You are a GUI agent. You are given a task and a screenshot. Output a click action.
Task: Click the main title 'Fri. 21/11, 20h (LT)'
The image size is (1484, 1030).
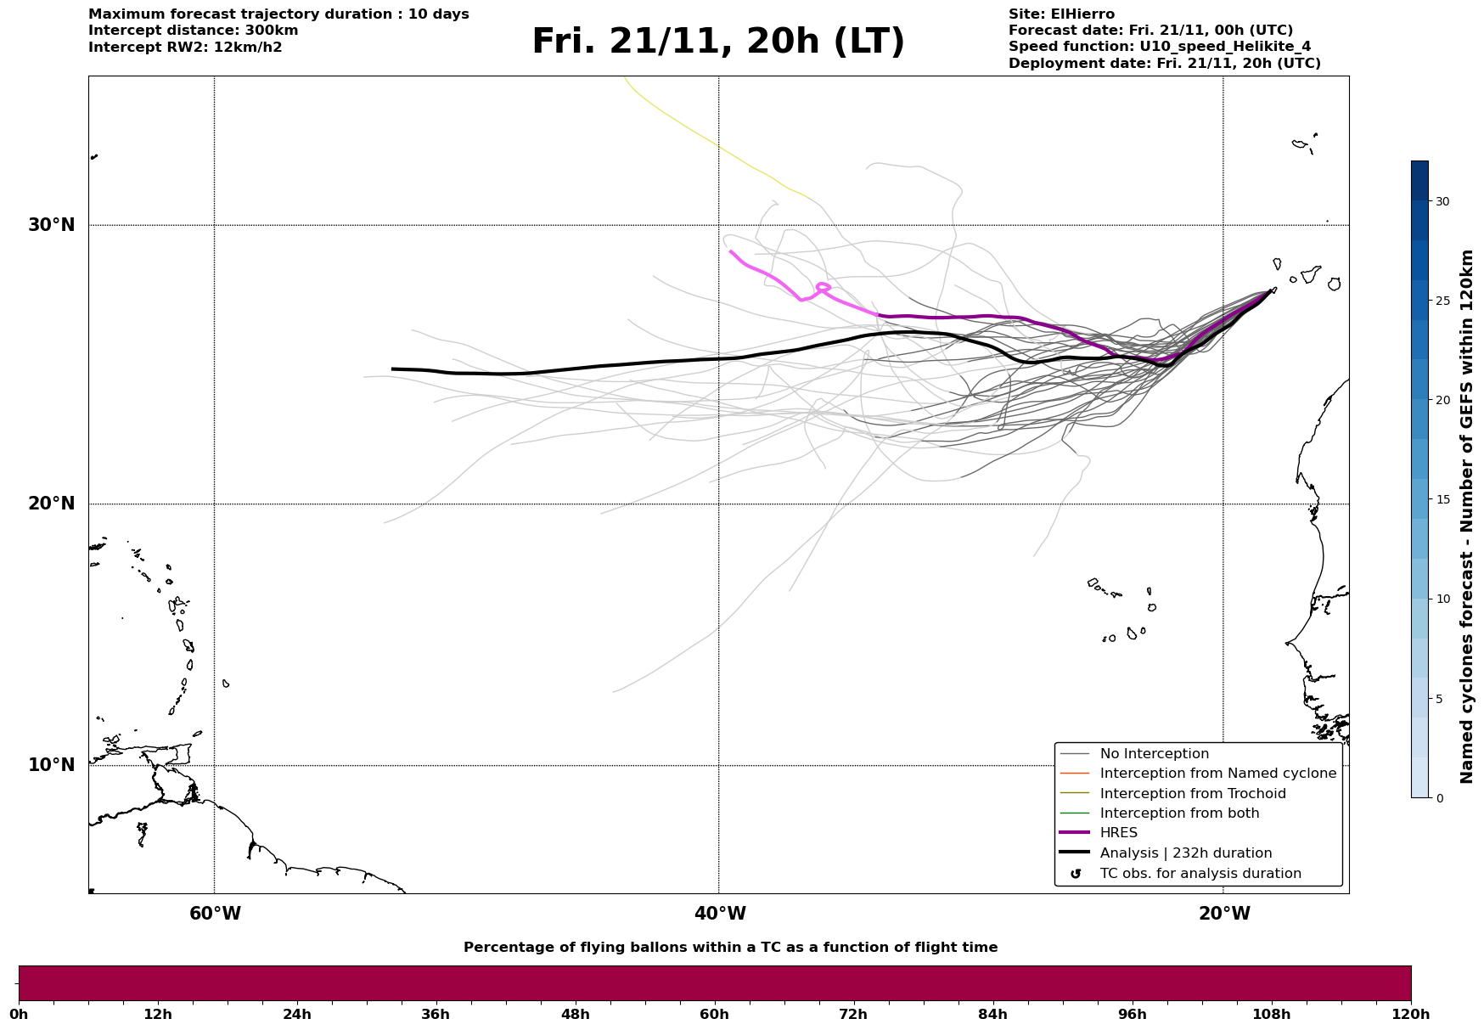718,42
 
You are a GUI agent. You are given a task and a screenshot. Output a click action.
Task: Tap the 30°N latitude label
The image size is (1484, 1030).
51,225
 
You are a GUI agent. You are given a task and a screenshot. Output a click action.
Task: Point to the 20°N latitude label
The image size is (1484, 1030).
51,504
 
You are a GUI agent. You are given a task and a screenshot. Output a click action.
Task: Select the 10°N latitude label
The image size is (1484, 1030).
51,765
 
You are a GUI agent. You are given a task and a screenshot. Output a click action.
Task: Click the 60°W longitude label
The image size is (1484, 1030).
215,914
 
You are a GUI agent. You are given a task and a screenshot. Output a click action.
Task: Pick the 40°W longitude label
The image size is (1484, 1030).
720,914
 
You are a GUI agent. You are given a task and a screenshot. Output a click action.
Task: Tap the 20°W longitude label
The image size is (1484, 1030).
1224,914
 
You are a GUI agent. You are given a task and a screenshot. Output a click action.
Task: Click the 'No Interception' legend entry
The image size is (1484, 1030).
1154,754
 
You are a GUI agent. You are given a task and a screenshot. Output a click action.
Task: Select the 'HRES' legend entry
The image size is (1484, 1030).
1118,833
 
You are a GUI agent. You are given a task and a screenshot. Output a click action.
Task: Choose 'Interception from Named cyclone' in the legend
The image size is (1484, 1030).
1217,774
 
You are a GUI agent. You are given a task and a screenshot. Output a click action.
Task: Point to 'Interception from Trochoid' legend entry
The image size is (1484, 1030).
1192,794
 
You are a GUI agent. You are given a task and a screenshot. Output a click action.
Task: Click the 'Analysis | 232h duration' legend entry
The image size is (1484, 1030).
1185,853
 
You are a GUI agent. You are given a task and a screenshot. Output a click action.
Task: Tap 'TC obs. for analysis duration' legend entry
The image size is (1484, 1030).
1200,874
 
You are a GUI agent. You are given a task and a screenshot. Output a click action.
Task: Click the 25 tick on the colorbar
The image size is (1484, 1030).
1442,301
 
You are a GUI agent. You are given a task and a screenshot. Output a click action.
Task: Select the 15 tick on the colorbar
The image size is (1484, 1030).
1442,499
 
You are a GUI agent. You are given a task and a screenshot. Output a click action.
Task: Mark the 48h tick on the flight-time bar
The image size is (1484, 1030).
575,1014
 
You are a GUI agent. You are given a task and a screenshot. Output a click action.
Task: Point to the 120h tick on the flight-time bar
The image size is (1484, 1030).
1411,1014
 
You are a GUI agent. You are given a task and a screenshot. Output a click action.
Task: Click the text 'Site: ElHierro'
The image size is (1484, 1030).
1061,14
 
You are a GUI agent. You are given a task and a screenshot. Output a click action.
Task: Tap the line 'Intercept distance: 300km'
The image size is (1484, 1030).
193,31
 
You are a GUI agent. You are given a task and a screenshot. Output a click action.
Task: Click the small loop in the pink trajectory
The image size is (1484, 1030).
823,287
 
